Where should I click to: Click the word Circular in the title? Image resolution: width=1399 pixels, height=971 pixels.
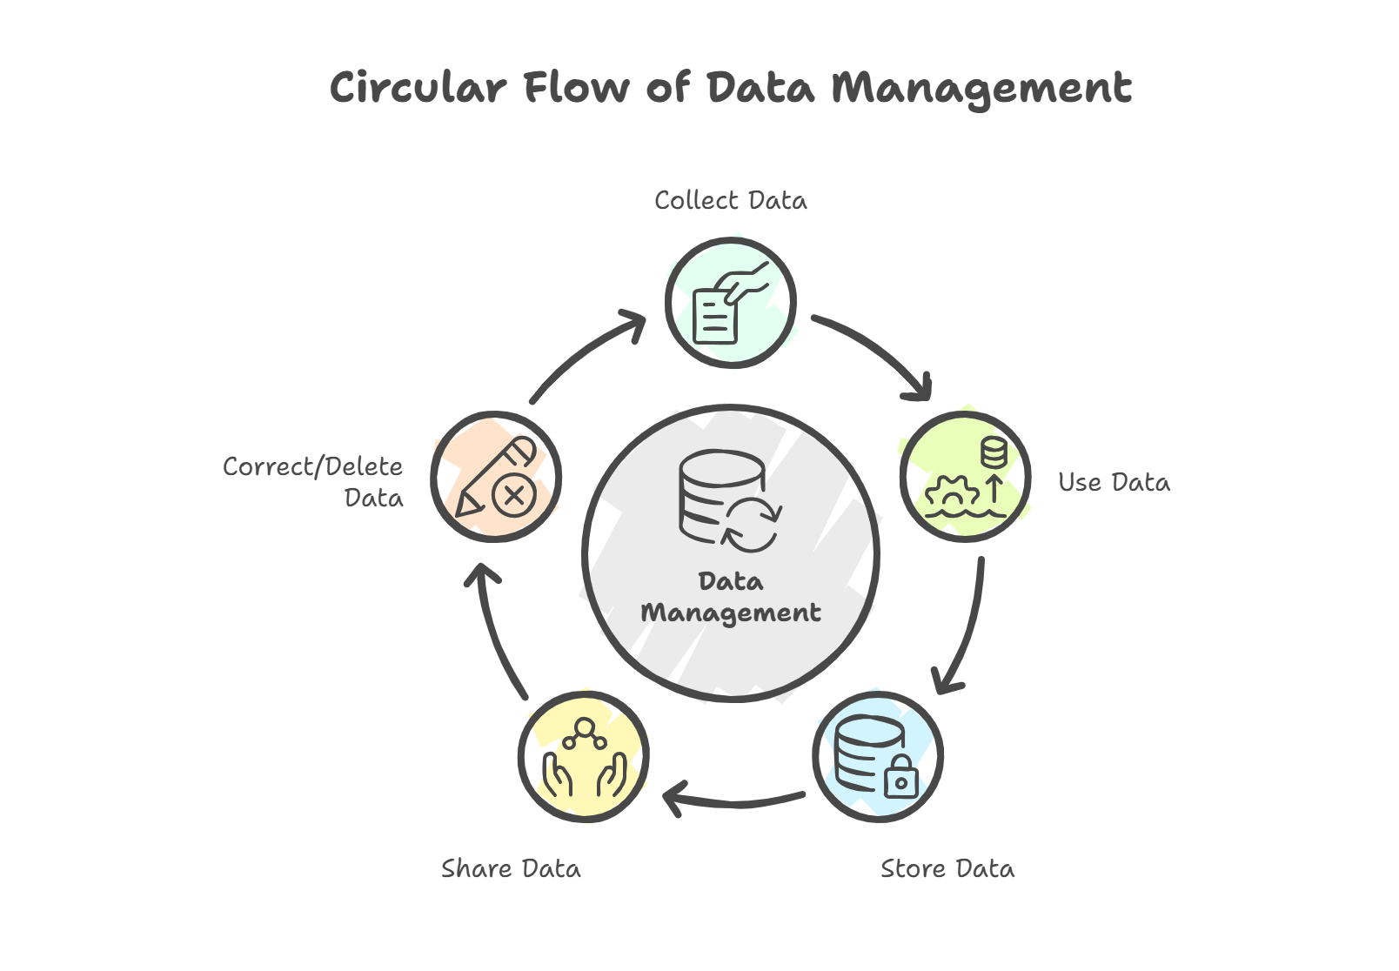(418, 88)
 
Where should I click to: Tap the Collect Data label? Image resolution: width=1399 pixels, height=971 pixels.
(731, 201)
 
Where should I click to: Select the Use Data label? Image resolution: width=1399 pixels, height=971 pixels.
(1114, 483)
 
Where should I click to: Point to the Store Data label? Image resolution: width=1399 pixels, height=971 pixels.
(947, 869)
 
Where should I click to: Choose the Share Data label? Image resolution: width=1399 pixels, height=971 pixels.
(511, 869)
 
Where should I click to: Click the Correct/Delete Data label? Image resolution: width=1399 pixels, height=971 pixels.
(313, 482)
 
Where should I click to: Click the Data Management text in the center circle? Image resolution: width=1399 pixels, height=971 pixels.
(731, 597)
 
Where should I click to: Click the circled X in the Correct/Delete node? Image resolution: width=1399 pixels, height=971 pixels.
(512, 497)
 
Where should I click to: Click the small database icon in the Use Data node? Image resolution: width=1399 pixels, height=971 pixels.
(993, 452)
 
